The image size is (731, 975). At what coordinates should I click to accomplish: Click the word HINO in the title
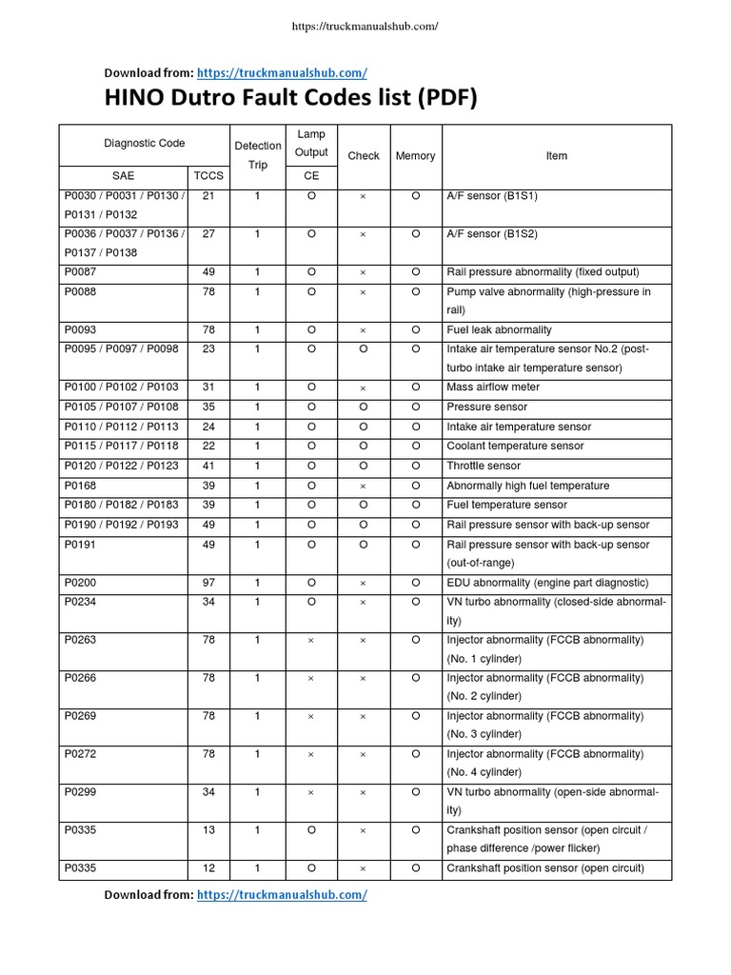(134, 99)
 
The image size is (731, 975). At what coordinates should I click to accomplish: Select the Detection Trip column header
(258, 155)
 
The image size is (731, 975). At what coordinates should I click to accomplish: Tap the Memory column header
(415, 156)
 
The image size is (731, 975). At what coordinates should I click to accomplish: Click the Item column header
(557, 156)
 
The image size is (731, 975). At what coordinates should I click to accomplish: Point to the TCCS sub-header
(208, 176)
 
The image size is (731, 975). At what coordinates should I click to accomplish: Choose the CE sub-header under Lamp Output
(311, 176)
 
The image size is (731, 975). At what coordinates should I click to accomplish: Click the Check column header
(363, 156)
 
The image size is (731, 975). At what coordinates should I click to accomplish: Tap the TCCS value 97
(208, 583)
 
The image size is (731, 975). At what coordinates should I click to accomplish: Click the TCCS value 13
(208, 829)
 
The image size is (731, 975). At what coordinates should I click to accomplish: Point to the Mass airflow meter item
(493, 388)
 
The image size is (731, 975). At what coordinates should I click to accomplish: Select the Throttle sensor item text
(484, 467)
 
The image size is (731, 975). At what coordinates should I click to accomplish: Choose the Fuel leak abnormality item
(499, 330)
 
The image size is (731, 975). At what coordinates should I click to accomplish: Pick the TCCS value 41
(208, 467)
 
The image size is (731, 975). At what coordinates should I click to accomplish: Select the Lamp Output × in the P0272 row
(311, 754)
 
